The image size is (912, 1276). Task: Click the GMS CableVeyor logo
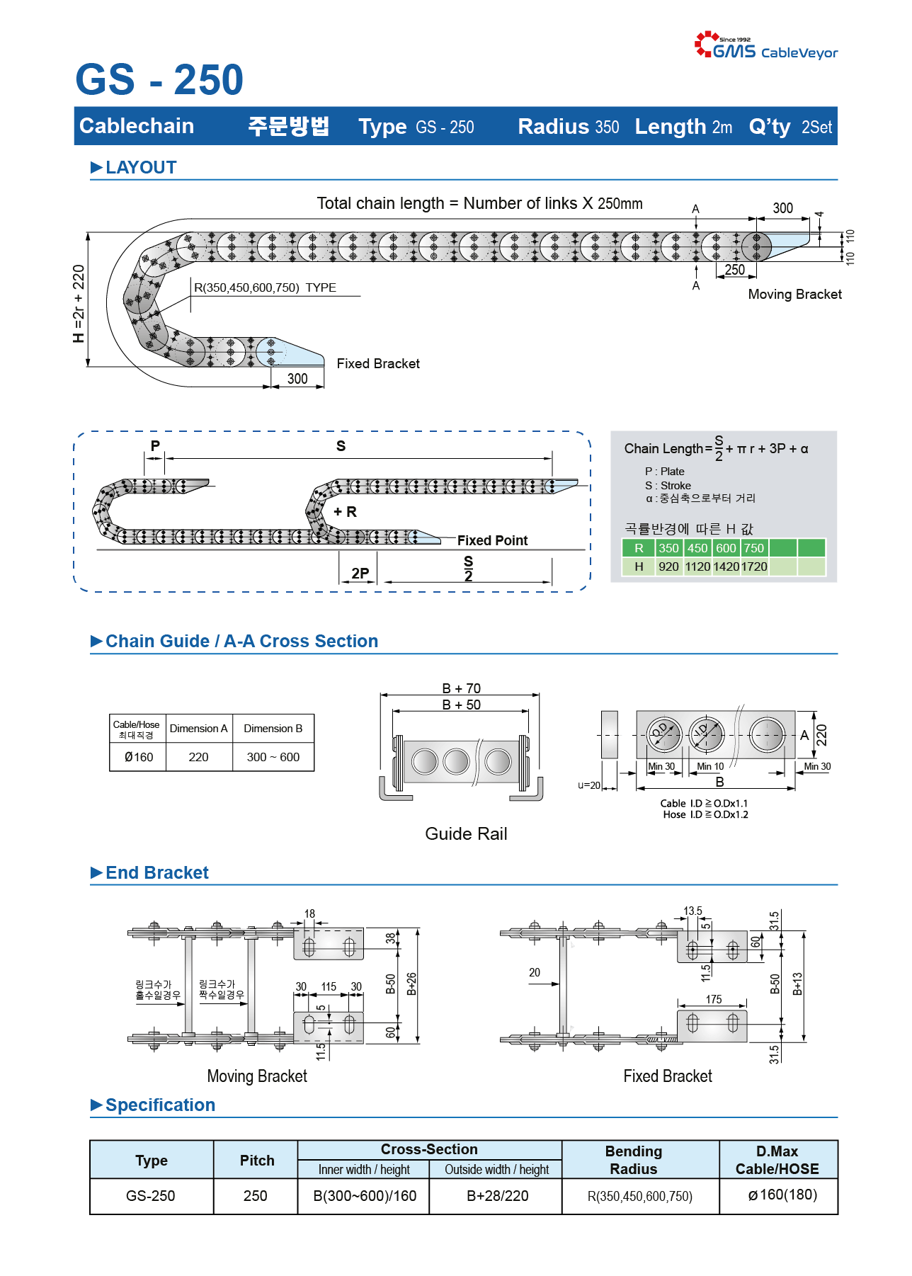[x=766, y=45]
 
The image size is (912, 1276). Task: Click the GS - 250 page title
[x=159, y=79]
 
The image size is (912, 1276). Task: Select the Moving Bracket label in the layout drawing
[x=794, y=294]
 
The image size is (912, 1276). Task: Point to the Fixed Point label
[x=492, y=540]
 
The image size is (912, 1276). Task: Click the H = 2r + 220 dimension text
[x=79, y=304]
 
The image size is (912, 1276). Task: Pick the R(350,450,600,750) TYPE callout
[x=265, y=287]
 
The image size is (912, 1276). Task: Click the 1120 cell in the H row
[x=697, y=566]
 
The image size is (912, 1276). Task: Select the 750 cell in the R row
[x=754, y=548]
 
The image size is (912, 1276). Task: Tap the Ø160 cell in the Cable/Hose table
[x=138, y=757]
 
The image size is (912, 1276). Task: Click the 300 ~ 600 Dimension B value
[x=273, y=757]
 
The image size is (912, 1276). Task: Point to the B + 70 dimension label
[x=461, y=688]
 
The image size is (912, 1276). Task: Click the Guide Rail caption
[x=466, y=833]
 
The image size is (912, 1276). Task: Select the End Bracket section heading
[x=157, y=872]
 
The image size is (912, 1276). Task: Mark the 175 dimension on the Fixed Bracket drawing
[x=714, y=999]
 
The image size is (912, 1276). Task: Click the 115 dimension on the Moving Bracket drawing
[x=329, y=986]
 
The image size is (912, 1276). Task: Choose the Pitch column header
[x=256, y=1160]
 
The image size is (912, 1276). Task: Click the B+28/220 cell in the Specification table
[x=497, y=1196]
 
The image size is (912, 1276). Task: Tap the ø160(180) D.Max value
[x=782, y=1195]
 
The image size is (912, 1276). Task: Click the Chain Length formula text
[x=716, y=448]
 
